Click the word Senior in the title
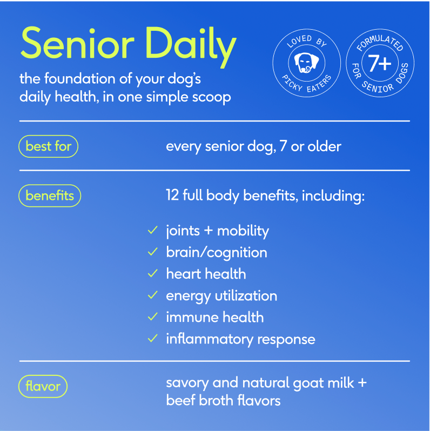pos(77,43)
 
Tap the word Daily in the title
pos(191,47)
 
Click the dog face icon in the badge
pos(306,63)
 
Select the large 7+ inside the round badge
pos(380,63)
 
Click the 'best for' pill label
pos(49,146)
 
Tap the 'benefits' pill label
pos(50,196)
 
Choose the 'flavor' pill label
pos(43,386)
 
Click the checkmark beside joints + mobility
pos(152,230)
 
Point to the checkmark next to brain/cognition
pos(152,252)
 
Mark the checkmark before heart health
pos(152,273)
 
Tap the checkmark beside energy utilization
pos(152,295)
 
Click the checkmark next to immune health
pos(152,317)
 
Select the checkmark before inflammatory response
pos(152,339)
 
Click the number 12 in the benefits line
pos(173,195)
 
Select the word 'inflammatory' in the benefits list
pos(210,340)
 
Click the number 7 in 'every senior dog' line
pos(283,146)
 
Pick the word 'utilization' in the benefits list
pos(246,296)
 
